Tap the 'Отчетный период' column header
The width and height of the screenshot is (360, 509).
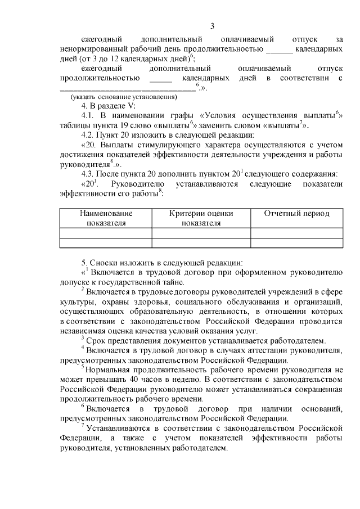pyautogui.click(x=297, y=214)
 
